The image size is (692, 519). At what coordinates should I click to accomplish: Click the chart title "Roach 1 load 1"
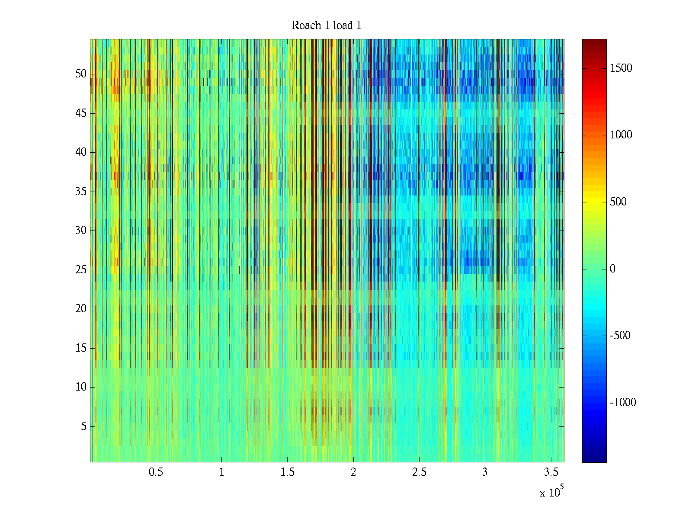click(326, 26)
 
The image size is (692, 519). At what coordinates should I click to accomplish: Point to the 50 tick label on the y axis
click(81, 74)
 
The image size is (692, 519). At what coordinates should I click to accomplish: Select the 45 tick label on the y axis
click(81, 113)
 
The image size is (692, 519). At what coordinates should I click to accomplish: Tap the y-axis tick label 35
click(81, 192)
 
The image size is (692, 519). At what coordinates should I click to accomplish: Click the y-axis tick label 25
click(81, 270)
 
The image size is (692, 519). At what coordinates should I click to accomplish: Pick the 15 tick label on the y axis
click(81, 348)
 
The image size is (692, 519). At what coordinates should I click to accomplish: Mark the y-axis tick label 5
click(83, 426)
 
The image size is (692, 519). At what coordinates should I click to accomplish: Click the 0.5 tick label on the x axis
click(156, 472)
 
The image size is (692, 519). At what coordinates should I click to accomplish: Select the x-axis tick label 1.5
click(288, 472)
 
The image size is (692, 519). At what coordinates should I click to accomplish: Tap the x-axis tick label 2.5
click(419, 472)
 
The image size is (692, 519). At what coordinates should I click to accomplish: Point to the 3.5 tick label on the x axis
click(551, 472)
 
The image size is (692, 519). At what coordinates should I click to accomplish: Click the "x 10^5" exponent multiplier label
click(551, 492)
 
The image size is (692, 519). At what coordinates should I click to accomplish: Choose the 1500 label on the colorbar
click(621, 68)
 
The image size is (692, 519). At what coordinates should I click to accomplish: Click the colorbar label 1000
click(621, 135)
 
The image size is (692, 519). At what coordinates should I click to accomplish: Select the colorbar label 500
click(618, 202)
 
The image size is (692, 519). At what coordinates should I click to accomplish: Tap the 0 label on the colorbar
click(612, 269)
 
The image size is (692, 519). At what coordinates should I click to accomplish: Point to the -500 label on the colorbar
click(620, 336)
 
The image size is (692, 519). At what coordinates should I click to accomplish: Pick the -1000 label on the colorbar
click(623, 403)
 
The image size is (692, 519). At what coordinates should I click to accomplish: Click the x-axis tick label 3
click(485, 472)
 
